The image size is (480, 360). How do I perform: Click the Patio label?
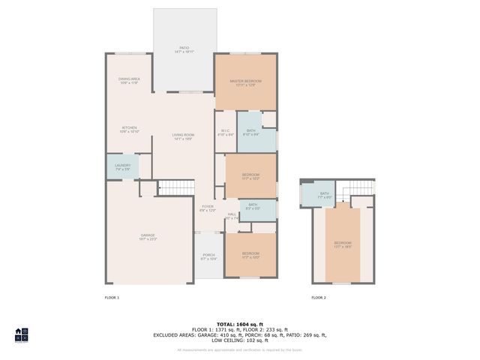[x=184, y=50]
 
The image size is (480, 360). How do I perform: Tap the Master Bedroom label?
[x=245, y=82]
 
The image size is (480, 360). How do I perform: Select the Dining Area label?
[x=129, y=80]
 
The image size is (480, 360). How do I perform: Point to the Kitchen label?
[x=129, y=130]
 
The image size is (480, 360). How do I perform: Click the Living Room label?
[x=184, y=136]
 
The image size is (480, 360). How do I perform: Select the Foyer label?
[x=207, y=208]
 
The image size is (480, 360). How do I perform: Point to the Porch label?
[x=209, y=256]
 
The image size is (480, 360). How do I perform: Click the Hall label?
[x=232, y=216]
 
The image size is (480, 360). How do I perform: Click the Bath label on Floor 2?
[x=324, y=195]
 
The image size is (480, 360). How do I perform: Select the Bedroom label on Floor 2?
[x=342, y=244]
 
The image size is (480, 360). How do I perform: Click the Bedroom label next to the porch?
[x=250, y=255]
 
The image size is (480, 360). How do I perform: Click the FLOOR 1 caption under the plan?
[x=112, y=298]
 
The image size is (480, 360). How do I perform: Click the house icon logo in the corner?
[x=22, y=334]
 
